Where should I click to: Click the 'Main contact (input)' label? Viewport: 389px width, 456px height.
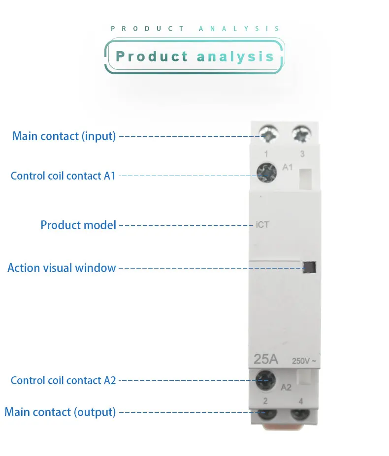pos(64,136)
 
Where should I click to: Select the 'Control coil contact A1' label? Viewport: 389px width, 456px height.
pos(63,176)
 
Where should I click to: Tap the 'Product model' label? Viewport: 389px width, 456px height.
pos(78,225)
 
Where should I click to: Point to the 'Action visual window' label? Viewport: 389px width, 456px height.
pos(62,268)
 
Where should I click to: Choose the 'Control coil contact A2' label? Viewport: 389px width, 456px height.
pos(63,380)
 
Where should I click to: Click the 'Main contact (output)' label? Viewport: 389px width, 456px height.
pos(60,412)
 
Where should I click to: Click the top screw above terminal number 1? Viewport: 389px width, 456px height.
pos(269,134)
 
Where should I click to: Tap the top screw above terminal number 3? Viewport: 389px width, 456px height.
pos(302,134)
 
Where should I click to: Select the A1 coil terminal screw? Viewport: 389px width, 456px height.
pos(266,173)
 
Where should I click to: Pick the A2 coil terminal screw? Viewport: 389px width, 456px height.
pos(265,380)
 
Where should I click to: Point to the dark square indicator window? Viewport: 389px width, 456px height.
pos(309,267)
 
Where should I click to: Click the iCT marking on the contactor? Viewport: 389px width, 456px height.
pos(262,225)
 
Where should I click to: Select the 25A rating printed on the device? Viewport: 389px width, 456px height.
pos(266,359)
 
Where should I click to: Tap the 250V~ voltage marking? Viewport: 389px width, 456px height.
pos(304,361)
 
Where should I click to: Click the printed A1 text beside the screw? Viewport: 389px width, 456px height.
pos(288,167)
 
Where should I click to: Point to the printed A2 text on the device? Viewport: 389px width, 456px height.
pos(286,387)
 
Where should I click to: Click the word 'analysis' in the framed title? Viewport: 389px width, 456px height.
pos(235,57)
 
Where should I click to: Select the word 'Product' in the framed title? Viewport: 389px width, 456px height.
pos(152,56)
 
